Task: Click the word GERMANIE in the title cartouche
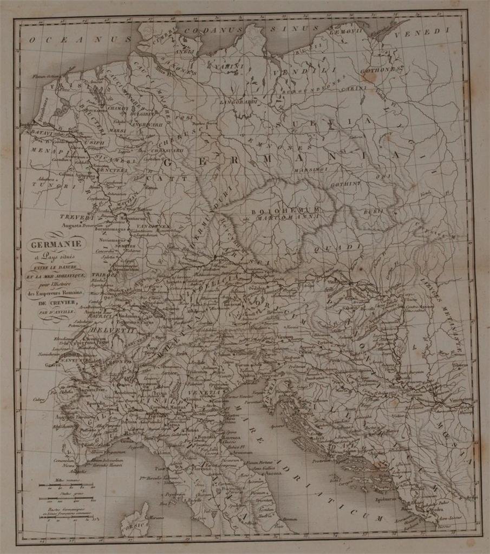(63, 245)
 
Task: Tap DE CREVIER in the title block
(63, 303)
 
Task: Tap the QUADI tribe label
(345, 247)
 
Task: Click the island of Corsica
(135, 519)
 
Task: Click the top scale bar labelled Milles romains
(65, 485)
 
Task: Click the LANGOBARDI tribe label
(237, 101)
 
